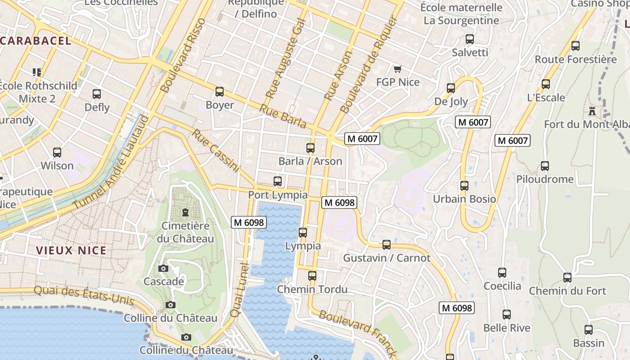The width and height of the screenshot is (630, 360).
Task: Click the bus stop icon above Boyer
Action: pyautogui.click(x=220, y=92)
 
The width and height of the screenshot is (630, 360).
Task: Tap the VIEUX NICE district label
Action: pyautogui.click(x=71, y=251)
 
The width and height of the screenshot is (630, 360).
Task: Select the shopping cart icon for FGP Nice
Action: pyautogui.click(x=397, y=69)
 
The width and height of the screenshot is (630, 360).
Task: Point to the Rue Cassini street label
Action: pyautogui.click(x=216, y=151)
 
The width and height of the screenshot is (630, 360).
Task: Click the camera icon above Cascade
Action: pyautogui.click(x=163, y=269)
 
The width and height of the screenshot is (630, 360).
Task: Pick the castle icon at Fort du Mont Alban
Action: pyautogui.click(x=592, y=111)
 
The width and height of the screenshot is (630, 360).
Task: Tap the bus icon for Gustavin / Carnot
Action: pyautogui.click(x=387, y=245)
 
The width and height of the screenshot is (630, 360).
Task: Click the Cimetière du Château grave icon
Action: pyautogui.click(x=185, y=212)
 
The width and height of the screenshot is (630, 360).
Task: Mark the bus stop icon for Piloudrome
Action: pyautogui.click(x=545, y=166)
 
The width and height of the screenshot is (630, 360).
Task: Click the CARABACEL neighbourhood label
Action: pyautogui.click(x=36, y=41)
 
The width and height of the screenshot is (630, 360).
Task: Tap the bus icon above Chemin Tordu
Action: pyautogui.click(x=312, y=276)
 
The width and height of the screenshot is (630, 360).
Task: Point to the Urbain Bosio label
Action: pyautogui.click(x=464, y=199)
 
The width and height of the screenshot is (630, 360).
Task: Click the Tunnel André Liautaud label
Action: pyautogui.click(x=111, y=162)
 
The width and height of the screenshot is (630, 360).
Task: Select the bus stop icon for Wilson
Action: pyautogui.click(x=57, y=153)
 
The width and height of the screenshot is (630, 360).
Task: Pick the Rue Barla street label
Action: pyautogui.click(x=283, y=117)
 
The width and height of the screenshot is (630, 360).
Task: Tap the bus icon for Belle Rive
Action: pyautogui.click(x=507, y=315)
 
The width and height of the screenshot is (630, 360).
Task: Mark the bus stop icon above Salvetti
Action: pyautogui.click(x=470, y=39)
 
